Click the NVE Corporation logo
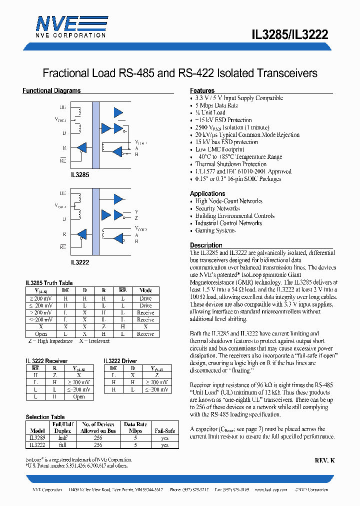tap(70, 26)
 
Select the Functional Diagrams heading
tap(51, 91)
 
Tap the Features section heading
tap(202, 91)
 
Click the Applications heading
tap(207, 193)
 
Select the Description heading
tap(206, 245)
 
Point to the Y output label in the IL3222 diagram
tap(136, 211)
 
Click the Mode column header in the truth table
tap(146, 290)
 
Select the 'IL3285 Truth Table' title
tap(49, 283)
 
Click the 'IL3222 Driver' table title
tap(120, 361)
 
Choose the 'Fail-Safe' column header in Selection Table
tap(164, 430)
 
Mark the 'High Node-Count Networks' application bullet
tap(228, 201)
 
